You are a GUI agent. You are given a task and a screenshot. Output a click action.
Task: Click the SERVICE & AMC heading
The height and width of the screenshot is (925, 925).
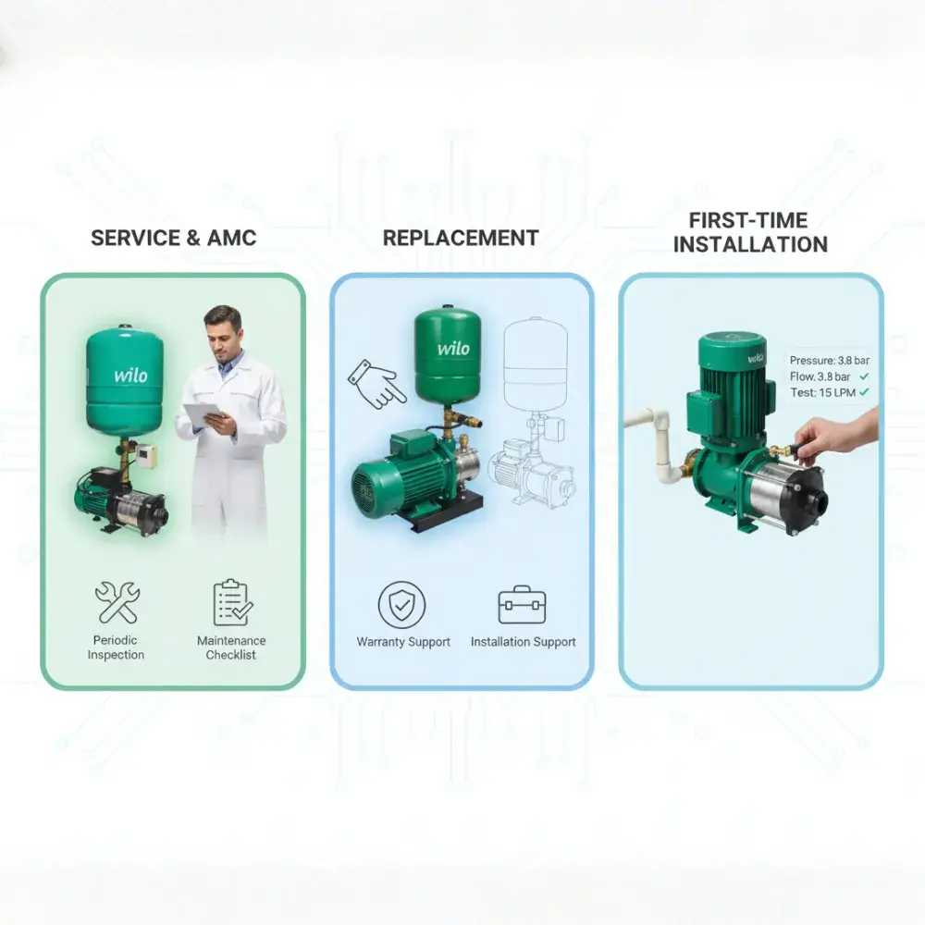point(174,238)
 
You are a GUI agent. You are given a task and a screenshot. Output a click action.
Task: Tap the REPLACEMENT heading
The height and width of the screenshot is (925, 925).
point(461,238)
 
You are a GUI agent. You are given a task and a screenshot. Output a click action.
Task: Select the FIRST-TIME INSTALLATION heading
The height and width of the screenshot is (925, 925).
point(750,232)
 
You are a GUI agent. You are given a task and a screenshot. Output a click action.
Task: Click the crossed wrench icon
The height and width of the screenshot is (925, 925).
point(117,602)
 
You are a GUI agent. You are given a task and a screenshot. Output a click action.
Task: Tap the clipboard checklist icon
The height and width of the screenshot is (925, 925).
point(232,602)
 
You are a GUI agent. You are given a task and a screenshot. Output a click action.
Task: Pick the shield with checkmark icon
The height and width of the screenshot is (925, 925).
point(401,605)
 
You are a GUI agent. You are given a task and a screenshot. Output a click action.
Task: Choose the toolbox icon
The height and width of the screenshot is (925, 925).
point(522,605)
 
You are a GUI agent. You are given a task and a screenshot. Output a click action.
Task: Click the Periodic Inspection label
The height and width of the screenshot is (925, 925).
point(116,647)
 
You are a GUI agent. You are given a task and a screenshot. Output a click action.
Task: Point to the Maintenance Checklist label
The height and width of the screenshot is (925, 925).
point(231,647)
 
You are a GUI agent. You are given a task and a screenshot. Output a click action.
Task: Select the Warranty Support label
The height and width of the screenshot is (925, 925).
point(403,642)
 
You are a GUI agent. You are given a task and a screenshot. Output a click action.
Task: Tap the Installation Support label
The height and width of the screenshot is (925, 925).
point(524,642)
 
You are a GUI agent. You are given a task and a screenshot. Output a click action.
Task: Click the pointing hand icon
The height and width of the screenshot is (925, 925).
point(376,384)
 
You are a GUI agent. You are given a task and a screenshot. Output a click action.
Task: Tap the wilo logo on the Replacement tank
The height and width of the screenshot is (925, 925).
point(453,348)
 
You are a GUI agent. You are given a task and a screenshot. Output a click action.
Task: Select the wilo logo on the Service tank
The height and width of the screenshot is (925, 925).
point(130,375)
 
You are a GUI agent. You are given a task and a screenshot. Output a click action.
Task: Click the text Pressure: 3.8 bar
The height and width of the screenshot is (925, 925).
point(830,360)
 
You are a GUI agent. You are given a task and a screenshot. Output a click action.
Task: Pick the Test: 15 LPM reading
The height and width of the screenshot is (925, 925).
point(822,392)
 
